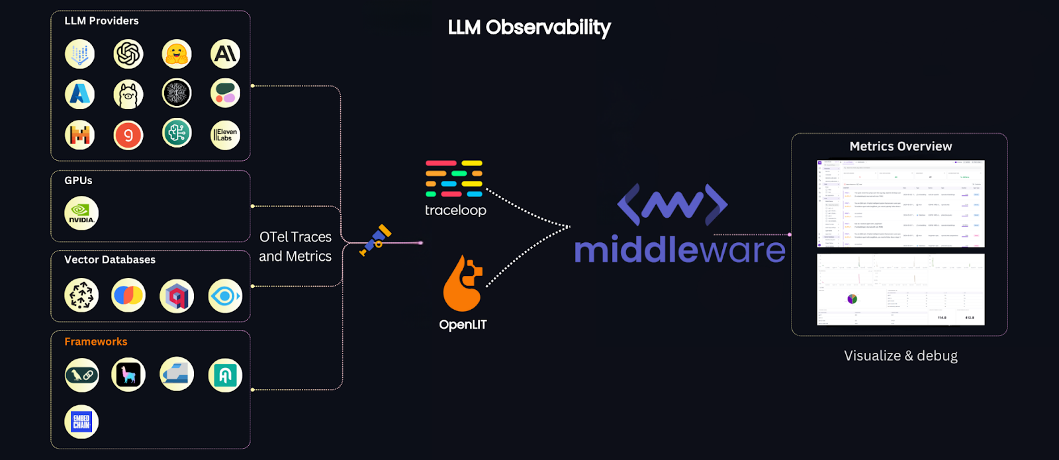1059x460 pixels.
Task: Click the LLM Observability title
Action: click(x=529, y=27)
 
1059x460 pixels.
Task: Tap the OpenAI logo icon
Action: click(x=128, y=54)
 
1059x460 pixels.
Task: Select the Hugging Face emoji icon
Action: click(x=177, y=54)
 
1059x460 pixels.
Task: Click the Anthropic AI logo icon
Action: click(x=225, y=54)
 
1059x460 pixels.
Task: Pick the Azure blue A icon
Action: click(x=80, y=94)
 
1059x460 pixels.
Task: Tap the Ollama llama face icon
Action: click(x=128, y=95)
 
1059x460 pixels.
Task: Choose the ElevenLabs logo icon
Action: click(x=225, y=135)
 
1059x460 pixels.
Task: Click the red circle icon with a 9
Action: click(x=128, y=136)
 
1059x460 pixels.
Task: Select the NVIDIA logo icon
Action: click(x=81, y=213)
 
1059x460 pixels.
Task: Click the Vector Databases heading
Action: click(x=110, y=259)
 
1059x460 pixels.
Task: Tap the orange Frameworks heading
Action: click(x=96, y=342)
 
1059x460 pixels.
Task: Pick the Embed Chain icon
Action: click(x=81, y=422)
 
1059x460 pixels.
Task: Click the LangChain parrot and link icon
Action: click(x=82, y=375)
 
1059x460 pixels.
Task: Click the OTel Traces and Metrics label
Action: click(x=295, y=246)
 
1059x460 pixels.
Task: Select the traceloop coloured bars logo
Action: click(x=454, y=179)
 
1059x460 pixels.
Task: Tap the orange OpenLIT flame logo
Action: click(x=462, y=284)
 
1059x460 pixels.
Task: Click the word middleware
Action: click(x=679, y=250)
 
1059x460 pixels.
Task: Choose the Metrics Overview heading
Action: click(x=900, y=146)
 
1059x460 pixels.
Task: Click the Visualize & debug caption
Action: click(x=900, y=355)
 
